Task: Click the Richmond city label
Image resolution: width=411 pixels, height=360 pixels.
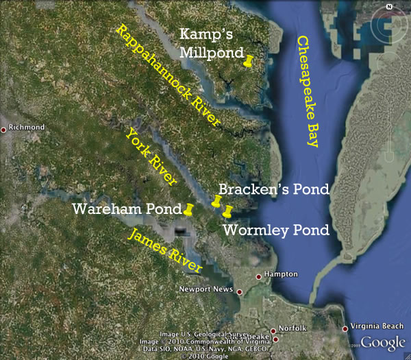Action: click(27, 128)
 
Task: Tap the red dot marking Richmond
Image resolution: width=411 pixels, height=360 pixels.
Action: click(4, 129)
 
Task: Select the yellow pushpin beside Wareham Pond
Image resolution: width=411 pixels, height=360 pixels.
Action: click(190, 208)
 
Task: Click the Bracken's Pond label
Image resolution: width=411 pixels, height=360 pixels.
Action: click(274, 189)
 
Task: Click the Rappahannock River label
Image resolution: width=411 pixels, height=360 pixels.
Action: click(169, 75)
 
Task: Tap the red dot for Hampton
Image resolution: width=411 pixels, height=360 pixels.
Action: click(258, 277)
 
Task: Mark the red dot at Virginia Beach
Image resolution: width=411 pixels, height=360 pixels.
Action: click(345, 328)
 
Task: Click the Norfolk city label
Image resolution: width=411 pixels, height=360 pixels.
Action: click(297, 328)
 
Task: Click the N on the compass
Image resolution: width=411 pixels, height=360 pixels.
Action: click(388, 6)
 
